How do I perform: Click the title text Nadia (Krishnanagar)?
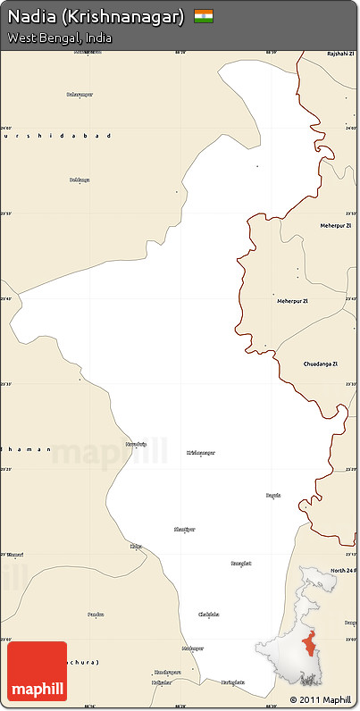pos(96,17)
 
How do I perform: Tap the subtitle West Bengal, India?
pos(60,38)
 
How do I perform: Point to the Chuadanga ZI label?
pos(321,364)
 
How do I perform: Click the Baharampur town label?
pos(80,94)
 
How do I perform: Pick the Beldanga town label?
pos(80,180)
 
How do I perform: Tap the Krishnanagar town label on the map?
pos(201,453)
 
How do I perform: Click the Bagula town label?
pos(273,495)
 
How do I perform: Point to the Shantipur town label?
pos(184,530)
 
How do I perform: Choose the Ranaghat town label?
pos(240,564)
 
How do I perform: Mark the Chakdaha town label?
pos(208,615)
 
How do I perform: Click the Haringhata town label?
pos(233,682)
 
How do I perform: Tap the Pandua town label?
pos(96,615)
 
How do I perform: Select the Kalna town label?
pos(136,546)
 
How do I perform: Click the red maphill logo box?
pos(37,670)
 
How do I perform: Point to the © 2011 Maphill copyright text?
pos(321,699)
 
